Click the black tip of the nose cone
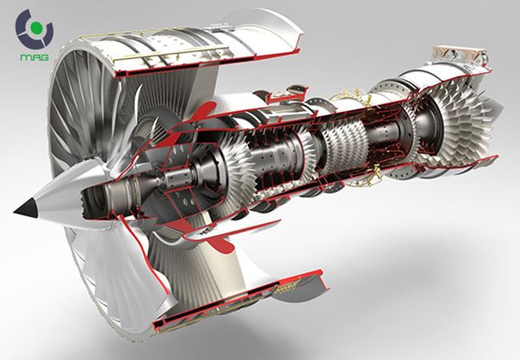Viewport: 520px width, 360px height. pyautogui.click(x=24, y=210)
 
